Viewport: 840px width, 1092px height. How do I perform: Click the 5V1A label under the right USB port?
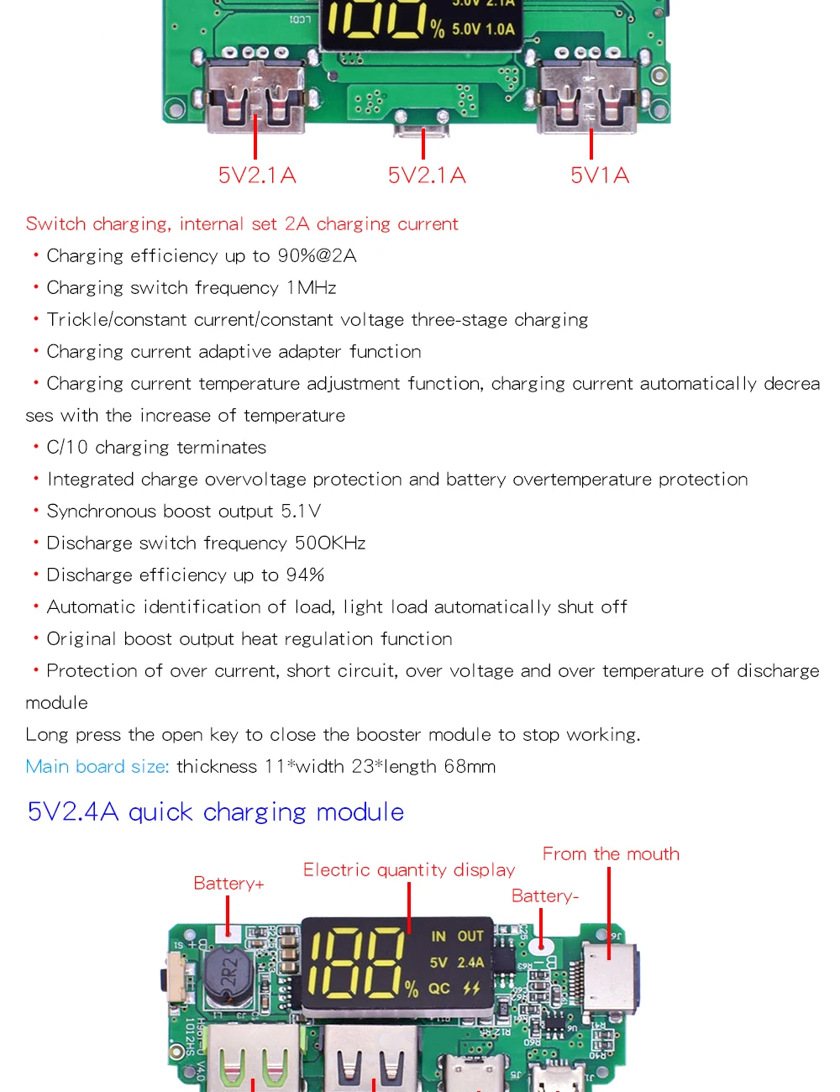[x=600, y=176]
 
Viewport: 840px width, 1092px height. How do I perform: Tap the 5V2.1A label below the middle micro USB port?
[x=427, y=176]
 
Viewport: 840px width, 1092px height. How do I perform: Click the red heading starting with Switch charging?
[x=242, y=224]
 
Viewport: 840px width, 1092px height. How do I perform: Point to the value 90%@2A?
[x=318, y=256]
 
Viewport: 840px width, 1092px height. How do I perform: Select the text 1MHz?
[x=311, y=288]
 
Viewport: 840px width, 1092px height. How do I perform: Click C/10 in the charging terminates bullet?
[x=67, y=448]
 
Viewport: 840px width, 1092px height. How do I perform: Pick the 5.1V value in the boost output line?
[x=301, y=512]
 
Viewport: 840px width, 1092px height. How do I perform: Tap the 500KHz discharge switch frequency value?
[x=330, y=543]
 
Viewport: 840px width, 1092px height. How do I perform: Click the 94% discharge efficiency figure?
[x=305, y=575]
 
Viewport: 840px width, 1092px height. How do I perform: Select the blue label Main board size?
[x=97, y=767]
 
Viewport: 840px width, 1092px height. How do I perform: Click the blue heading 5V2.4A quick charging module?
[x=216, y=812]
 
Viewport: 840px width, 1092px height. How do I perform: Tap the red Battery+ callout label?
[x=228, y=884]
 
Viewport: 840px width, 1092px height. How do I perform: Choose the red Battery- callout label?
[x=545, y=896]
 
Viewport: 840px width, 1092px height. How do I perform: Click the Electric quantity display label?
[x=409, y=870]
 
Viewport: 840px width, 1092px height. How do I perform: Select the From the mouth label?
[x=611, y=854]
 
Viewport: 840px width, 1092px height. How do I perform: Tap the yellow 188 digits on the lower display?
[x=357, y=963]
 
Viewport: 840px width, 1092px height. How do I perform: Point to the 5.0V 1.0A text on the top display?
[x=483, y=29]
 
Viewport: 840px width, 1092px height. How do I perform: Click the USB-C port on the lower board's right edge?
[x=612, y=974]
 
